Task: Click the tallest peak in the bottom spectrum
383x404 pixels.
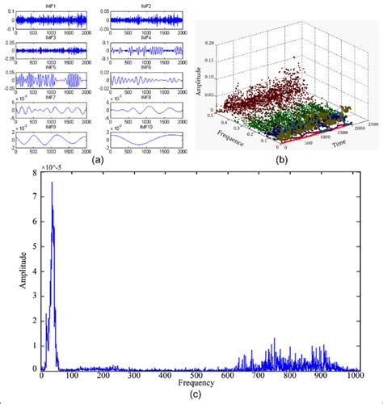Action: pos(52,183)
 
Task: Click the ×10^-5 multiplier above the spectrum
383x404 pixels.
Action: pos(53,166)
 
